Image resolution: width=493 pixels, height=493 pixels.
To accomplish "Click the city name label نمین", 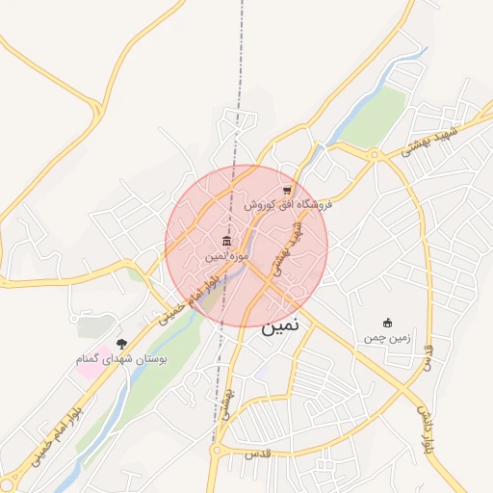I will (x=280, y=325).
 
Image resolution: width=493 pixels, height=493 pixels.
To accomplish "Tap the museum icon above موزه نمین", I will (x=226, y=241).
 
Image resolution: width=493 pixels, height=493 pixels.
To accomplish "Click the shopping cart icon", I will (x=287, y=190).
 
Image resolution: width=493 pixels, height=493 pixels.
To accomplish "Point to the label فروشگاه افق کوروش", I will (x=287, y=204).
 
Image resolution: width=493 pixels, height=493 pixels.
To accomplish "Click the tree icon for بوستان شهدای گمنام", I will (x=121, y=343).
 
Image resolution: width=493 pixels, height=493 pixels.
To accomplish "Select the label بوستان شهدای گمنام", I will (x=123, y=358).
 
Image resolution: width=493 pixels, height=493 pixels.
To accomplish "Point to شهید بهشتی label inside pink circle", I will (x=286, y=247).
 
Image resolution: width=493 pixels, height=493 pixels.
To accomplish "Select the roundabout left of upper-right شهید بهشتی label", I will (x=374, y=155).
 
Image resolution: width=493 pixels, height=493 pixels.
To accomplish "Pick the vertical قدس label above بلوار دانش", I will (x=429, y=352).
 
